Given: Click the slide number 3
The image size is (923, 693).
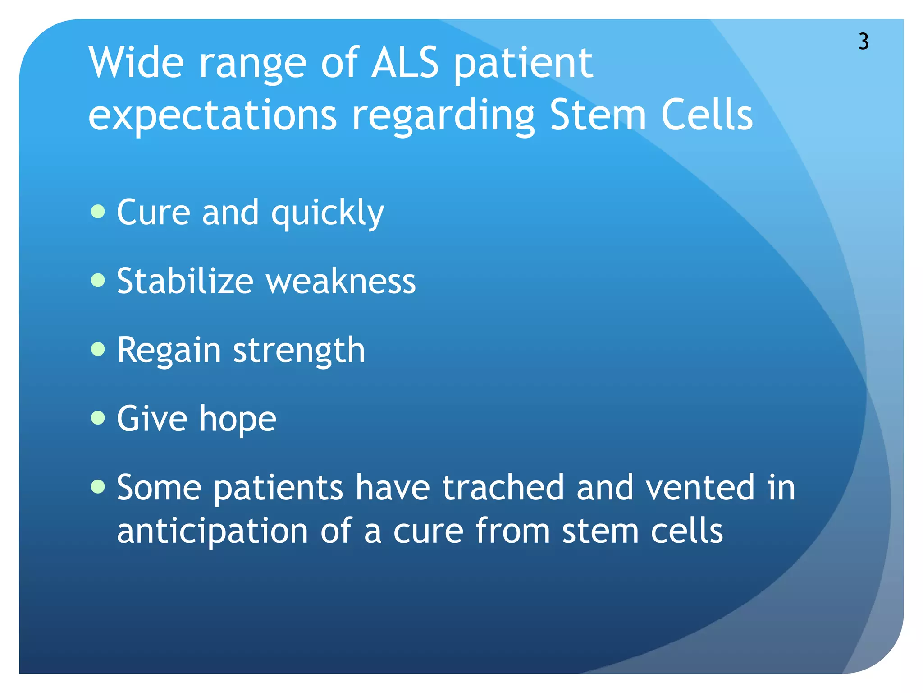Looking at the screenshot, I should pos(863,42).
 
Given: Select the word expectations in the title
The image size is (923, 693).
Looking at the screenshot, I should pos(212,116).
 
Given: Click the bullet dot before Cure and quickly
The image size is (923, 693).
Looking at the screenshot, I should pos(98,211).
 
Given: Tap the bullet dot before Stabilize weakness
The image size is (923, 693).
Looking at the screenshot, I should pos(98,280).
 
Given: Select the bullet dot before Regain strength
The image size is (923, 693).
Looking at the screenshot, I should pos(98,349).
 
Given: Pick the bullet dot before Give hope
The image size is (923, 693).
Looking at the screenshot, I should pos(98,418).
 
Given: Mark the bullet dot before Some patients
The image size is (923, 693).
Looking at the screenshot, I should pos(98,487).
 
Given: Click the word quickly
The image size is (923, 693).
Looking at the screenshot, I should pos(327,213).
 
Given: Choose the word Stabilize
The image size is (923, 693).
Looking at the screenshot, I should pos(185,281).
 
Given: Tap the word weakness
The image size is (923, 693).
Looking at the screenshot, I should pos(341,282).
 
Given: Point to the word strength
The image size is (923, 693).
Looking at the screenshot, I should pos(299,351).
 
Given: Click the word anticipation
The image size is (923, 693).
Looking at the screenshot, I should pos(212,531).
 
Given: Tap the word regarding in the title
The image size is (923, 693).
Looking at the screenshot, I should pos(443,116).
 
